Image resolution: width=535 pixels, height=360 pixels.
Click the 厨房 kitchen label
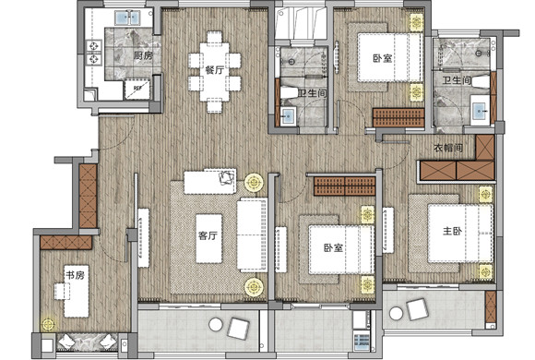point(143,55)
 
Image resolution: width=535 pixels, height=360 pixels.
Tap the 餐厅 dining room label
point(215,70)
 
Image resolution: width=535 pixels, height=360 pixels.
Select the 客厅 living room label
point(208,235)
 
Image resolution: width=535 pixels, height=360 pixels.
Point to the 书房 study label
point(75,274)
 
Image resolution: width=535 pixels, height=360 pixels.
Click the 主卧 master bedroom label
point(452,232)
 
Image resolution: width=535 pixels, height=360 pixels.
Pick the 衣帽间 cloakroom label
point(448,148)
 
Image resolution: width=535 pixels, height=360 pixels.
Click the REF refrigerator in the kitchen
point(137,89)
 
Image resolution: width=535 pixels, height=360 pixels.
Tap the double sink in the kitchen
point(127,18)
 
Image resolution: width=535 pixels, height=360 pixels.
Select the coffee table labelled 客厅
point(208,238)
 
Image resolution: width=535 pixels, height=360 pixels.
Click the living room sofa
point(252,235)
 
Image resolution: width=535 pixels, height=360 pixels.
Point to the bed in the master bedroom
point(460,234)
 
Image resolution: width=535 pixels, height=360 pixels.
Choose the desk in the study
point(77,292)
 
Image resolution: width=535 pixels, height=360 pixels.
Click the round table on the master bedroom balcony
point(396,313)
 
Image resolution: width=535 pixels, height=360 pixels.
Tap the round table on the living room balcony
point(216,325)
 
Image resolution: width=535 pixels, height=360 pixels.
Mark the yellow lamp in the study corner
point(48,324)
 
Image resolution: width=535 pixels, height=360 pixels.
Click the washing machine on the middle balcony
point(361,342)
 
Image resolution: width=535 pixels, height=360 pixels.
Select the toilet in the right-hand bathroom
point(481,82)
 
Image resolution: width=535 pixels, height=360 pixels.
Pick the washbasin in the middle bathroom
point(288,115)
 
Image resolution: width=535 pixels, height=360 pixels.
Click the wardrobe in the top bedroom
point(398,118)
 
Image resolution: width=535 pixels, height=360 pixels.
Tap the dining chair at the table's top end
point(214,37)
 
